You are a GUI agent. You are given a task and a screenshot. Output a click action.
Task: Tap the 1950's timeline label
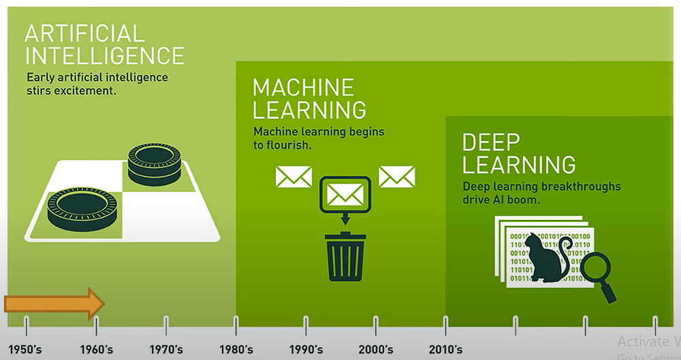click(x=25, y=350)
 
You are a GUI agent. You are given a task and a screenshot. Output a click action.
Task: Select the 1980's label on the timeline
click(x=236, y=350)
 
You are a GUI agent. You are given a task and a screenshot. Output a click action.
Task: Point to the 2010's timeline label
click(x=445, y=350)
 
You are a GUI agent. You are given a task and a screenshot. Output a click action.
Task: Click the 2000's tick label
click(x=375, y=350)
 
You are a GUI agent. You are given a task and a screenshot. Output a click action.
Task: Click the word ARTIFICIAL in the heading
click(x=84, y=33)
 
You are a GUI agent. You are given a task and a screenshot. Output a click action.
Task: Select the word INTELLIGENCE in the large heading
click(x=104, y=55)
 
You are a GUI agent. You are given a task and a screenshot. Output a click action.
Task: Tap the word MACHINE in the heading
click(x=303, y=87)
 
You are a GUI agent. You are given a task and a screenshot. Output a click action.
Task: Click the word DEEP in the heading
click(x=491, y=142)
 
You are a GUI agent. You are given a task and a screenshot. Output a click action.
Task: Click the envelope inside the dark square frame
click(x=345, y=195)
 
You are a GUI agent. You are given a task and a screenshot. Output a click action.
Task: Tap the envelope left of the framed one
click(x=294, y=177)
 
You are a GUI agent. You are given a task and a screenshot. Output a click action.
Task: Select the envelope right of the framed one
click(x=397, y=177)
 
